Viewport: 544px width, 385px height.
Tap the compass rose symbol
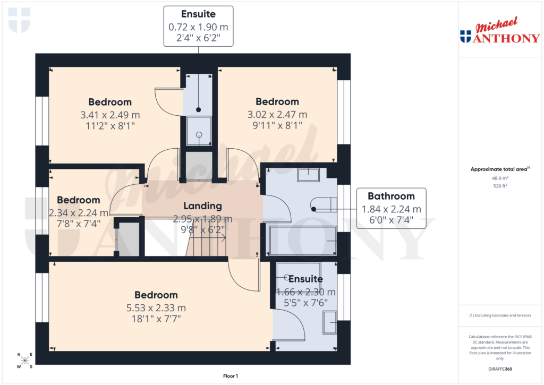(24, 361)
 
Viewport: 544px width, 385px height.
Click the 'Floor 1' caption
(231, 376)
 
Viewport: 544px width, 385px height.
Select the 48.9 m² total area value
(499, 179)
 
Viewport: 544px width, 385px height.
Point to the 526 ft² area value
(499, 186)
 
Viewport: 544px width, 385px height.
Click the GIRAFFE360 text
(499, 369)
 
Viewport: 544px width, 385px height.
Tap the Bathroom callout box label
(391, 196)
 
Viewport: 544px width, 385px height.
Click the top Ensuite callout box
(198, 26)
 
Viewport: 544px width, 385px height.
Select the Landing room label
(202, 206)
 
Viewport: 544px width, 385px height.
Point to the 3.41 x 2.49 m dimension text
(110, 115)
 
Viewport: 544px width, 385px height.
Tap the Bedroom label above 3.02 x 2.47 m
(277, 101)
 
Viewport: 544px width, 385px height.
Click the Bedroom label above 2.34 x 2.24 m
(79, 200)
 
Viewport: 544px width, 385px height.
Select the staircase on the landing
(209, 245)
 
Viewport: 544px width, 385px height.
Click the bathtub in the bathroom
(303, 241)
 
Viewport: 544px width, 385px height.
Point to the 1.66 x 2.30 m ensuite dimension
(306, 292)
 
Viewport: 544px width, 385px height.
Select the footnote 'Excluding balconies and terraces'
(499, 315)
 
